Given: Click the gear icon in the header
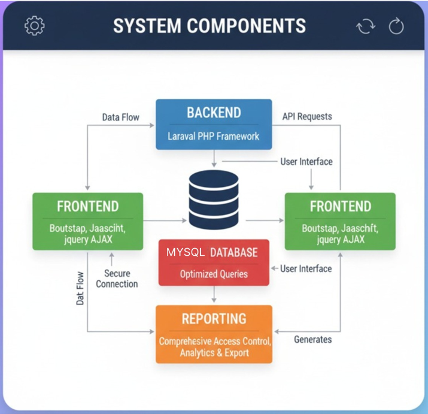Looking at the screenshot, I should (35, 26).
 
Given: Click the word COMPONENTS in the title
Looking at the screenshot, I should (250, 26).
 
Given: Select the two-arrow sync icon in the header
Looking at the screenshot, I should (365, 26).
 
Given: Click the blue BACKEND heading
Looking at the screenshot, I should (214, 113).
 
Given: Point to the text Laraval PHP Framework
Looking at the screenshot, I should (214, 136).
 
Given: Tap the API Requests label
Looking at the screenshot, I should (307, 116).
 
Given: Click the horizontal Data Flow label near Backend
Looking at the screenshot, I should (120, 117).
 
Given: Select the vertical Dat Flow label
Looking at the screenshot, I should (80, 289).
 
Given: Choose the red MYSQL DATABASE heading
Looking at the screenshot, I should (213, 252).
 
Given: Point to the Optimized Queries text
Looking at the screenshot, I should (214, 274).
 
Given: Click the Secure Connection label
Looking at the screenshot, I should (117, 279).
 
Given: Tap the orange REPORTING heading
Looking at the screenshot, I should (214, 319).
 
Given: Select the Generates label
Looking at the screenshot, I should (312, 339).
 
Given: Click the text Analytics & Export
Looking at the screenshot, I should (214, 353).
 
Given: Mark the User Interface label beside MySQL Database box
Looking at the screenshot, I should (306, 268).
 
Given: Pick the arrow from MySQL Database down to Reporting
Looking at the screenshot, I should (214, 295).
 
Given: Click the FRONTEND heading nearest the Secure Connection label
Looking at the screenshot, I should (87, 207).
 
